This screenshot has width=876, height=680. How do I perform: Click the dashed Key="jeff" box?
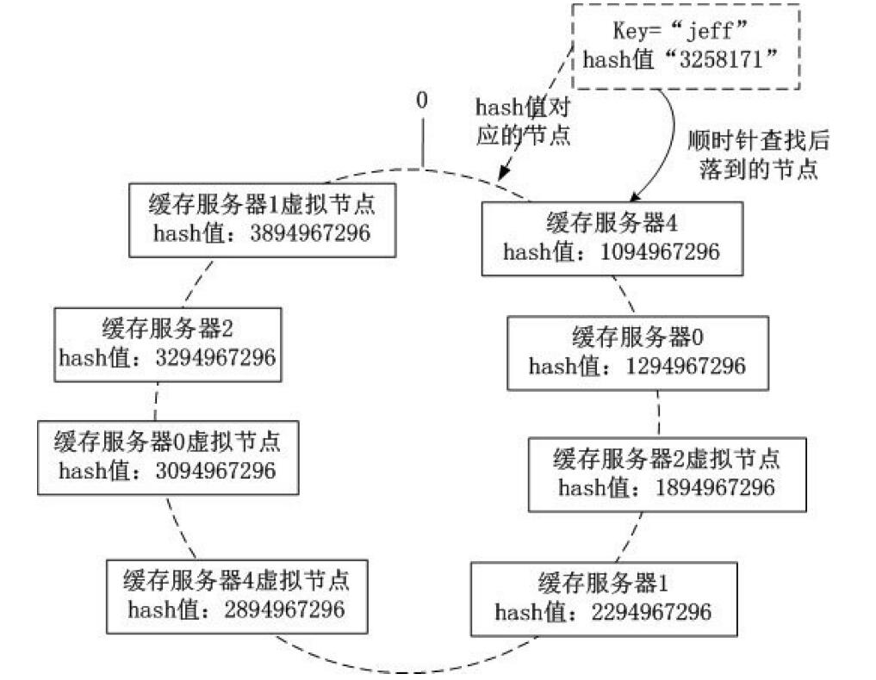pos(687,47)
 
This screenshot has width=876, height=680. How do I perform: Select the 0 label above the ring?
pos(421,100)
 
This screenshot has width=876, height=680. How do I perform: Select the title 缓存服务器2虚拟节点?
pos(668,458)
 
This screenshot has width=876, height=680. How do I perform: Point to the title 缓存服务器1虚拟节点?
pos(263,205)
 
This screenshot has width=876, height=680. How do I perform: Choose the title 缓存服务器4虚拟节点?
pos(237,579)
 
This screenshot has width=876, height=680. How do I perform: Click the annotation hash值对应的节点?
pos(524,121)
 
